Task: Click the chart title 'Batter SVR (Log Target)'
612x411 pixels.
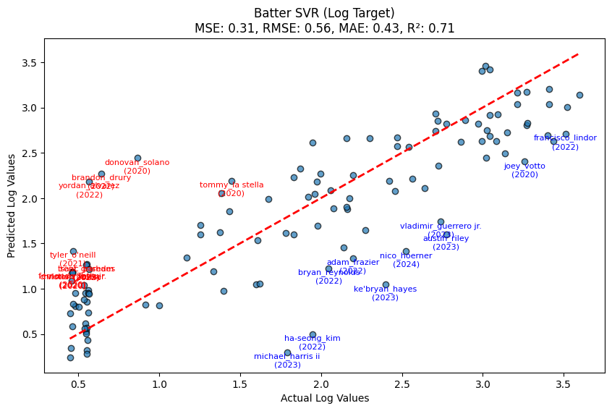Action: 324,13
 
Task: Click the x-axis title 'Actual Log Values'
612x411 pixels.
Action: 324,398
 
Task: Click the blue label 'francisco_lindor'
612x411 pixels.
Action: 565,137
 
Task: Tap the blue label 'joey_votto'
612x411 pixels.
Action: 524,166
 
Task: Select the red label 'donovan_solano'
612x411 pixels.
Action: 137,163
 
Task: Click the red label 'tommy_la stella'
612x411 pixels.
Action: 231,185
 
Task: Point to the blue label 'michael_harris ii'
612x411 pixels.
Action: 286,356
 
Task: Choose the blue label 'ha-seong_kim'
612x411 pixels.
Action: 312,338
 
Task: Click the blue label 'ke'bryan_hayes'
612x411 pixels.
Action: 385,289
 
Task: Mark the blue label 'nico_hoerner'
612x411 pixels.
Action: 406,255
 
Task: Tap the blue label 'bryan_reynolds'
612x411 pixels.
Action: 328,273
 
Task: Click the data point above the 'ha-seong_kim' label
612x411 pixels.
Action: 313,334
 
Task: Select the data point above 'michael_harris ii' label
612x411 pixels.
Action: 287,352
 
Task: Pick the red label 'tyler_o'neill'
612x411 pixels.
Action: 72,255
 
